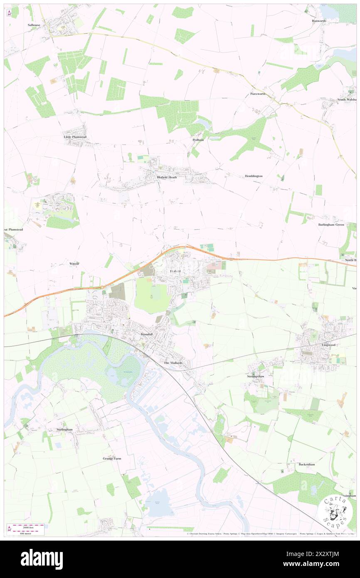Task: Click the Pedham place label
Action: coord(198,140)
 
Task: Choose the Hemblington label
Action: coord(254,176)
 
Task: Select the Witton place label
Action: coord(74,264)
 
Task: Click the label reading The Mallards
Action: coord(173,363)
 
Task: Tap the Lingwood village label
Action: coord(328,345)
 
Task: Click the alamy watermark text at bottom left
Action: coord(42,559)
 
